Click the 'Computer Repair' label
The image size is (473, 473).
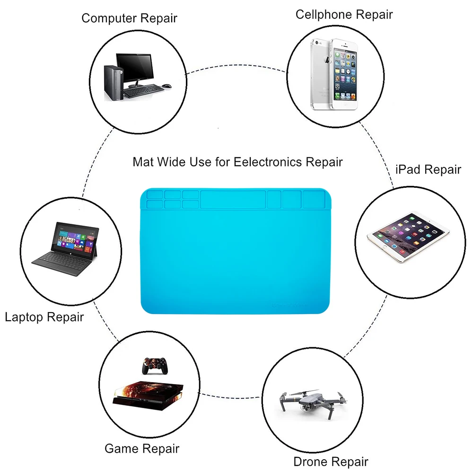tap(129, 18)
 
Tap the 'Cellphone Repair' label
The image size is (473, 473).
tap(344, 14)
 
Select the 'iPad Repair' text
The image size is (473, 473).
tap(428, 169)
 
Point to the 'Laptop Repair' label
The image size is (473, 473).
tap(44, 316)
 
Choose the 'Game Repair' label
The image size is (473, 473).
tap(142, 448)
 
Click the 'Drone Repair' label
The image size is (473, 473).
tap(331, 461)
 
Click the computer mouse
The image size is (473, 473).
tap(167, 87)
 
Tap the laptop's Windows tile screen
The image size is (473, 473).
tap(77, 237)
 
